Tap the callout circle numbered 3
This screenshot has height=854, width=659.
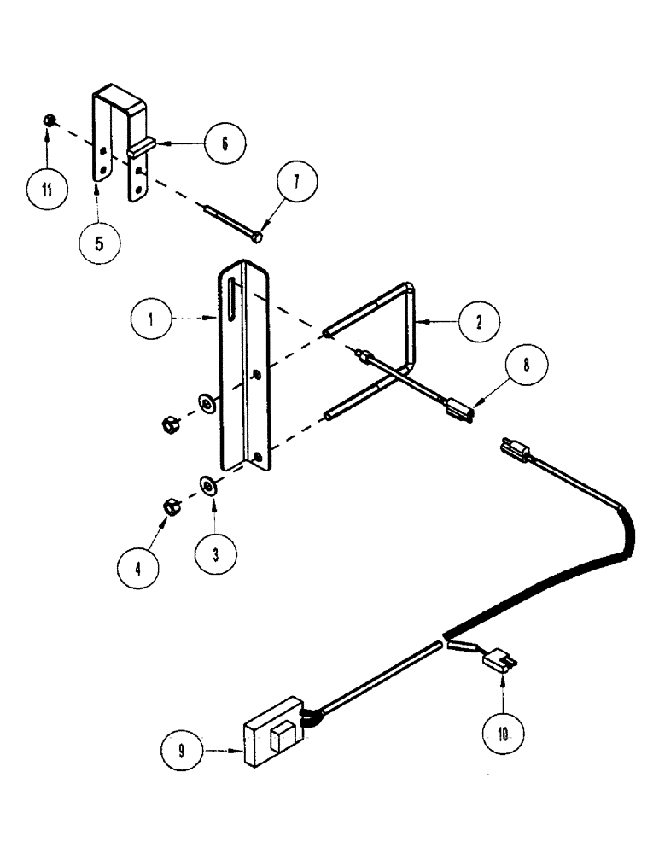(x=214, y=553)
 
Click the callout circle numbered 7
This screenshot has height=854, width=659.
(x=295, y=182)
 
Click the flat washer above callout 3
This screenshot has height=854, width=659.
(x=207, y=487)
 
